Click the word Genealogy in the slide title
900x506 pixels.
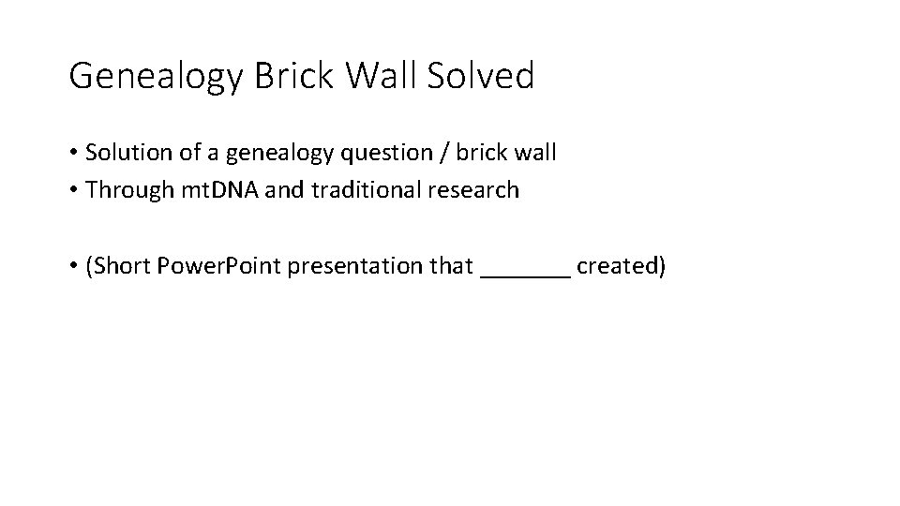156,76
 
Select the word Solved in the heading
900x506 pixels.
480,76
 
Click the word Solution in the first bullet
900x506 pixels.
122,152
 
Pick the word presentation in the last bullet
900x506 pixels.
355,267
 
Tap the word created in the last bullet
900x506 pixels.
621,267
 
